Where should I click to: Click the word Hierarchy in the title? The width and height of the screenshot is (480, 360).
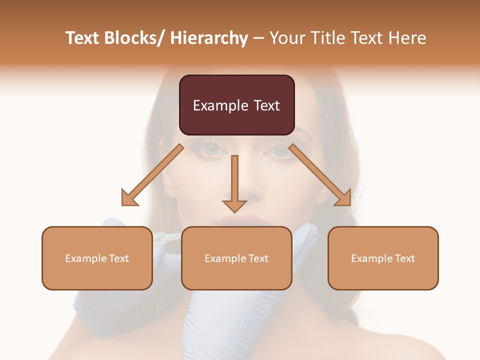[209, 38]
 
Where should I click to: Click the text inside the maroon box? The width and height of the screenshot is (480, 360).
[236, 105]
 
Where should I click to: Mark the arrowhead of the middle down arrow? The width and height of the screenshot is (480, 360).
[234, 205]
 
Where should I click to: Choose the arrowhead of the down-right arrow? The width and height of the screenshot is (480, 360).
[343, 198]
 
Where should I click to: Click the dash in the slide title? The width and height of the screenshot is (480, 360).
[258, 38]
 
